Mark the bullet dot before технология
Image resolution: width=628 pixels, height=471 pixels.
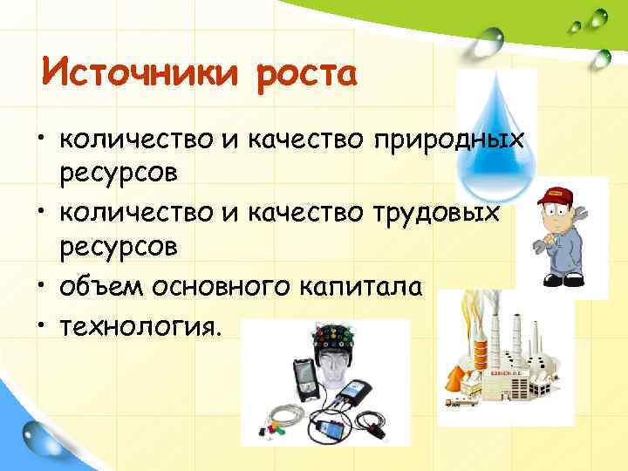[x=42, y=324]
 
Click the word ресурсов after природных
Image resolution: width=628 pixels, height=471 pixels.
[x=119, y=173]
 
